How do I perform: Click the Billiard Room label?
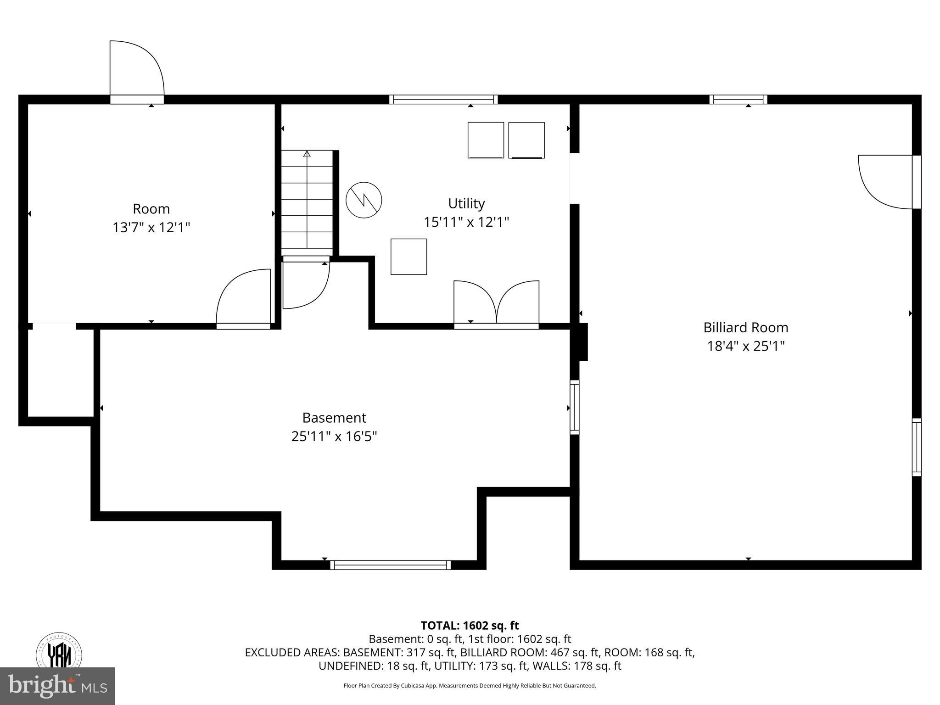(x=745, y=327)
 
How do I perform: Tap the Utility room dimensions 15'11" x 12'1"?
(x=466, y=222)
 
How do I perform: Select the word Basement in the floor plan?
(x=334, y=418)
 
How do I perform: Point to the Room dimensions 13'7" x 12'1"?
(x=151, y=227)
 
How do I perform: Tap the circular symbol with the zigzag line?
(x=364, y=200)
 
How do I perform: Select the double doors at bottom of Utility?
(x=496, y=303)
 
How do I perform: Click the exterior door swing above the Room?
(x=136, y=69)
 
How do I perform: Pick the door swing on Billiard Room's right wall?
(x=886, y=182)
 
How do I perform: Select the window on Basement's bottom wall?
(x=390, y=565)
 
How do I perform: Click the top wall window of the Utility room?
(x=443, y=99)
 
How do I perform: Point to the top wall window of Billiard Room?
(x=738, y=99)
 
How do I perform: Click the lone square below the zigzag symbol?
(x=408, y=257)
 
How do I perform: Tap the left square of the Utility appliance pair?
(x=486, y=140)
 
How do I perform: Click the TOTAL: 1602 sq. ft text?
(x=470, y=626)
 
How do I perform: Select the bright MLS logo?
(x=57, y=686)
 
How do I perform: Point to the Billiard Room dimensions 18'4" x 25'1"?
(x=745, y=346)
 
